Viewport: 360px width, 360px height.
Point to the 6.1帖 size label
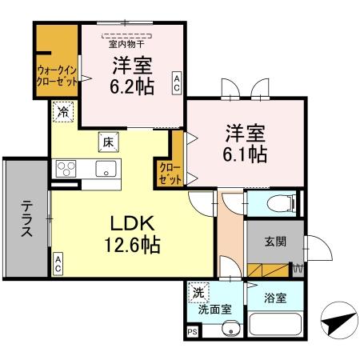tap(246, 152)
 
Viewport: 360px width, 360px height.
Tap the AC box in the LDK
tap(59, 265)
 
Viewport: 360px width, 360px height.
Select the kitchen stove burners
tap(66, 169)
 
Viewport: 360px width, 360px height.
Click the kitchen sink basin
tap(105, 169)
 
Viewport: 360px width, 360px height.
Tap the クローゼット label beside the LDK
tap(169, 173)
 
